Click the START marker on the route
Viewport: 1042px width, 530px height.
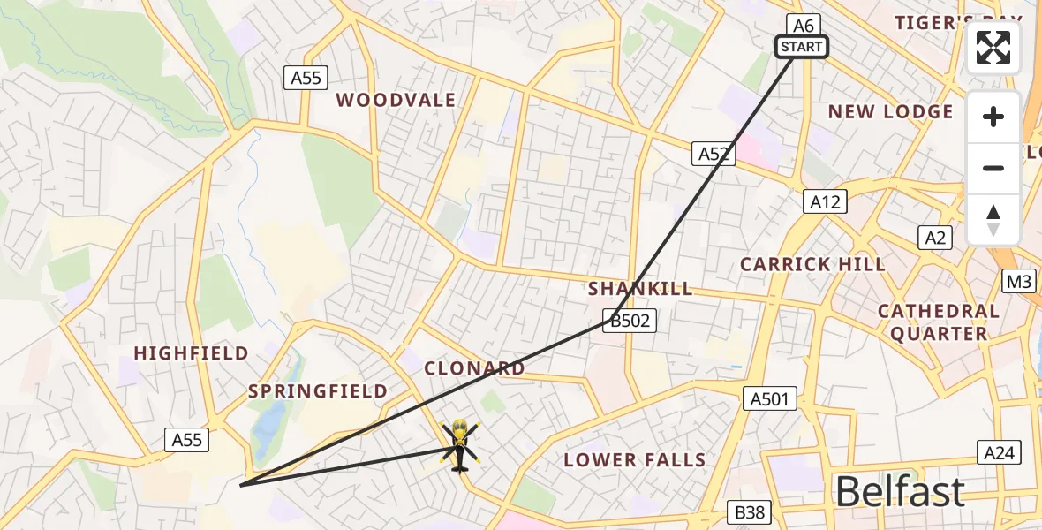802,47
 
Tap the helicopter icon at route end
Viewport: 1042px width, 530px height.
459,444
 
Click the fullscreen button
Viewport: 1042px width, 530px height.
993,48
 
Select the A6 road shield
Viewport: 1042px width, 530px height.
803,25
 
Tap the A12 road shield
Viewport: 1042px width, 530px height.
827,201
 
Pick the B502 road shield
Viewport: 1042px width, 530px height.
630,321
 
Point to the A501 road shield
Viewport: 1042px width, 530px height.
769,399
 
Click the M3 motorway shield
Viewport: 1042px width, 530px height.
1019,282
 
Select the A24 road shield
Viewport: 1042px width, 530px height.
999,453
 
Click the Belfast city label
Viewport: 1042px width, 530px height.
899,491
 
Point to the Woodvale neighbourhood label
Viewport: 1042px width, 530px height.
396,100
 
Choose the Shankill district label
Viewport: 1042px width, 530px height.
640,289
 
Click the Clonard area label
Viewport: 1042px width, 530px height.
474,368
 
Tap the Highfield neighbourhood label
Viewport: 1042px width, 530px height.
191,353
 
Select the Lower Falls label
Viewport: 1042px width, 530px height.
634,459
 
